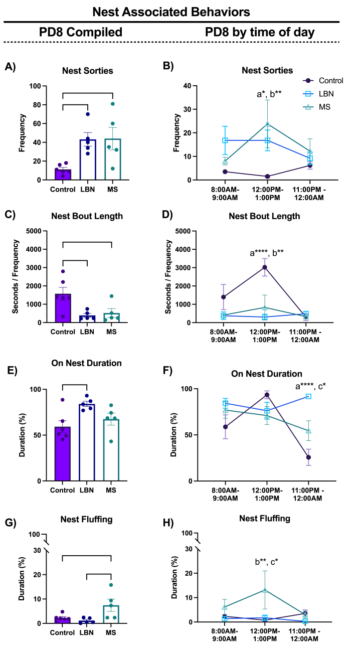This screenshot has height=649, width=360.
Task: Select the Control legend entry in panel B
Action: [x=330, y=80]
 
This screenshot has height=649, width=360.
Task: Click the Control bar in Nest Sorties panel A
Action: [x=63, y=174]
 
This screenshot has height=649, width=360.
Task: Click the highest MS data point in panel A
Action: [x=113, y=104]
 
